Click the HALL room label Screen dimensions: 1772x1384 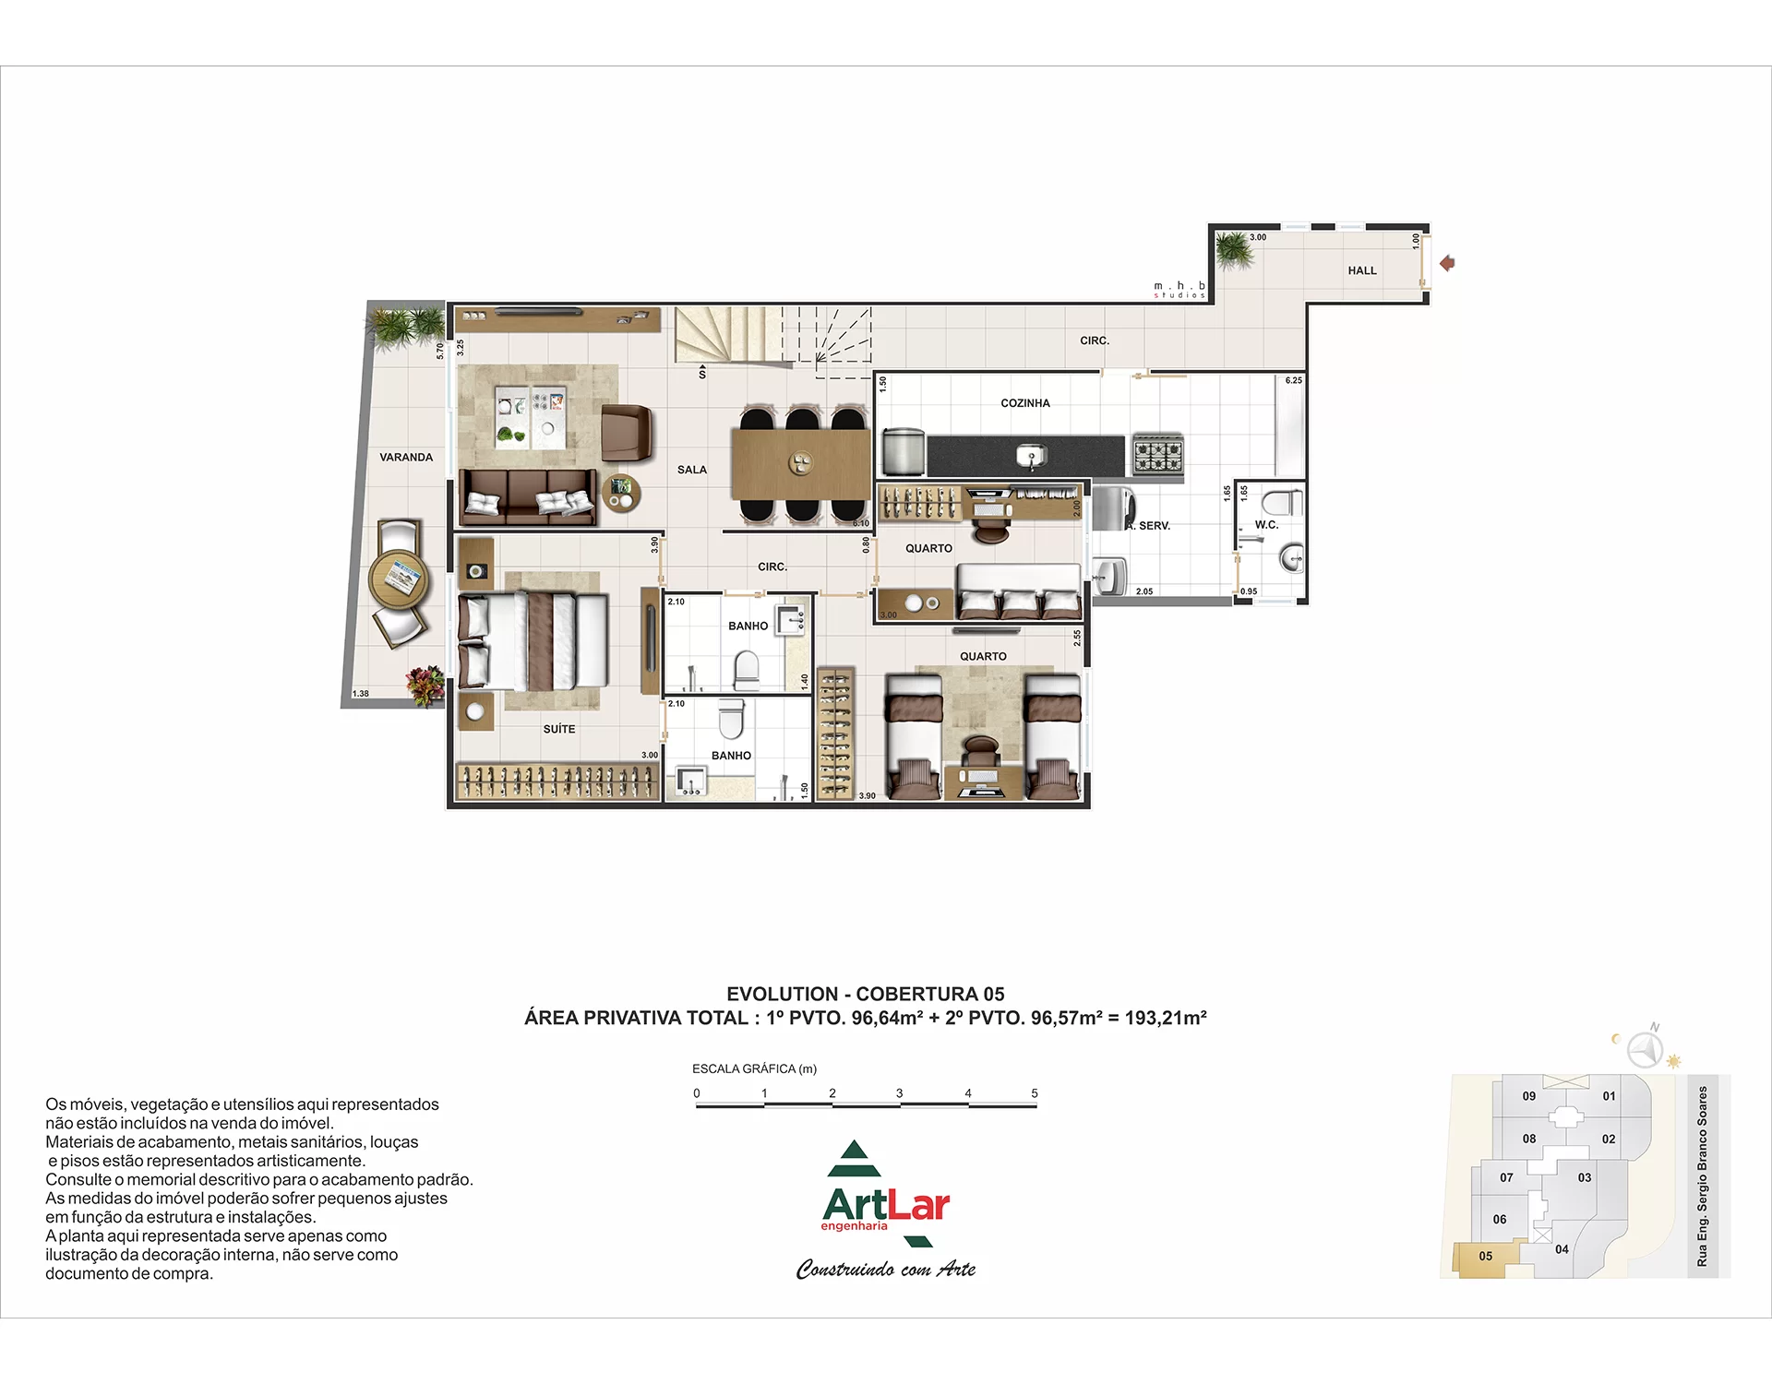tap(1361, 270)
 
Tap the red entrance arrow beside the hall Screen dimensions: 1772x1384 tap(1447, 263)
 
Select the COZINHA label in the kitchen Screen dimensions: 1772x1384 tap(1025, 403)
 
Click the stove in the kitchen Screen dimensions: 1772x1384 tap(1158, 454)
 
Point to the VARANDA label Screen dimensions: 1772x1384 tap(406, 457)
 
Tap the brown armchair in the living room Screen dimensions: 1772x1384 tap(627, 434)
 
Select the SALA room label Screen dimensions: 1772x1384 tap(692, 470)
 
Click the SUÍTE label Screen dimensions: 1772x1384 tap(559, 729)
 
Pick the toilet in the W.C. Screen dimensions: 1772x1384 tap(1281, 503)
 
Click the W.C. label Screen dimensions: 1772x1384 tap(1266, 524)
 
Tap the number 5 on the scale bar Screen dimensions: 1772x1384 tap(1035, 1093)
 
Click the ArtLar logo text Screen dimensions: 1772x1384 tap(886, 1205)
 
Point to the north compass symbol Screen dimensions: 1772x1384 tap(1645, 1048)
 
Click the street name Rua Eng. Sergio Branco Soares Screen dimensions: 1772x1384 tap(1703, 1176)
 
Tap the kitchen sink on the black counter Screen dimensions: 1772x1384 tap(1027, 455)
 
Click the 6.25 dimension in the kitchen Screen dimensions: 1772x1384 tap(1294, 380)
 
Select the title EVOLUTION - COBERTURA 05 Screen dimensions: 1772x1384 tap(866, 994)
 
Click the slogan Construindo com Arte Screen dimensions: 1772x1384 tap(886, 1270)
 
